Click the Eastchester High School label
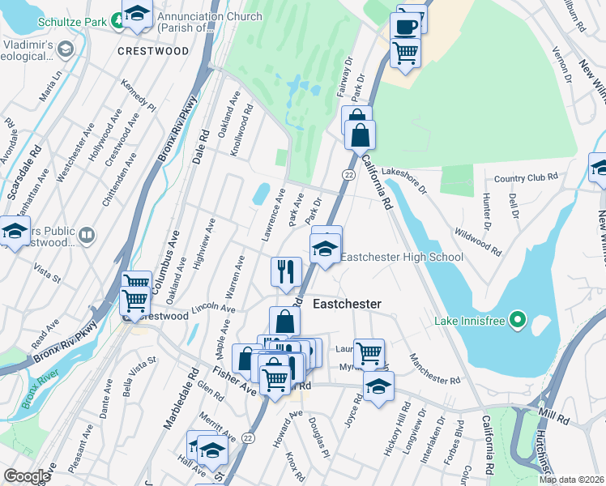point(401,258)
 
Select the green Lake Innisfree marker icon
point(518,321)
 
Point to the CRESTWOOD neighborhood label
point(153,51)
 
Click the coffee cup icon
point(405,25)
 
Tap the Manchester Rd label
point(435,369)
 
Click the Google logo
point(27,476)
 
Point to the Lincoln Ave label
point(214,310)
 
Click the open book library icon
point(87,235)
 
